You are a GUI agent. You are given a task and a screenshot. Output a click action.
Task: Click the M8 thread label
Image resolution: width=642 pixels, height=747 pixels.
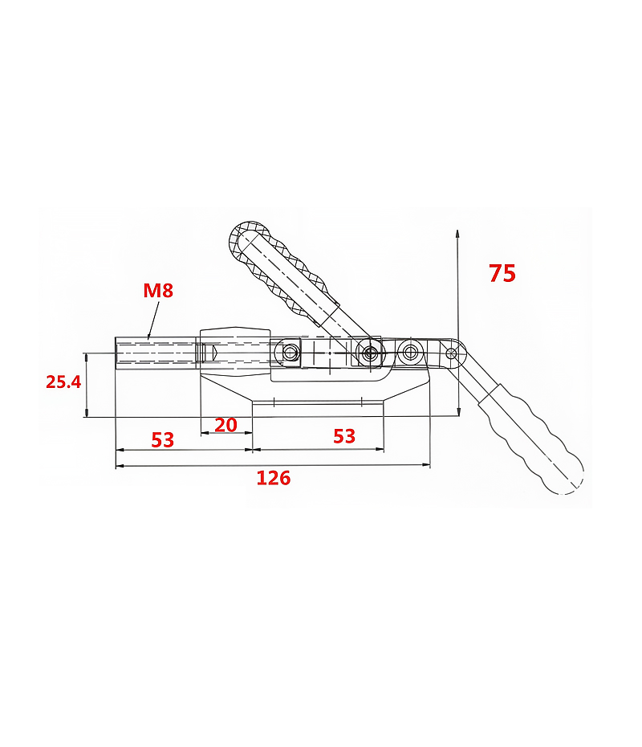pyautogui.click(x=158, y=290)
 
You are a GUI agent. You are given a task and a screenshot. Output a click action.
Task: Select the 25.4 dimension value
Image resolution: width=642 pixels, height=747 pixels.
pyautogui.click(x=63, y=382)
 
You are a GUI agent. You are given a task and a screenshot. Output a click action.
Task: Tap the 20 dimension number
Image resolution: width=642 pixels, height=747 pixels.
pyautogui.click(x=226, y=425)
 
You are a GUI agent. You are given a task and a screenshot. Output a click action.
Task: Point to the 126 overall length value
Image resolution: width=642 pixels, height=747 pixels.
pyautogui.click(x=273, y=477)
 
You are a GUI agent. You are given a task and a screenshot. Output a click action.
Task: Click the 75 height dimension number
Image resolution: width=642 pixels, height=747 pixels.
pyautogui.click(x=502, y=273)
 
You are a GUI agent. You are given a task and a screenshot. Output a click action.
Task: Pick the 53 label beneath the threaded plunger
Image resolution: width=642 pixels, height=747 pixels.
pyautogui.click(x=162, y=439)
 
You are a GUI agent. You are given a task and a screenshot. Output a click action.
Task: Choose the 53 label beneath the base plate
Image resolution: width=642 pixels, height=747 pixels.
pyautogui.click(x=344, y=436)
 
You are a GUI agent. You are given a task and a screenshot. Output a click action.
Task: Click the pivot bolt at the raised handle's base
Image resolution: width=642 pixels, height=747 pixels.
pyautogui.click(x=368, y=353)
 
